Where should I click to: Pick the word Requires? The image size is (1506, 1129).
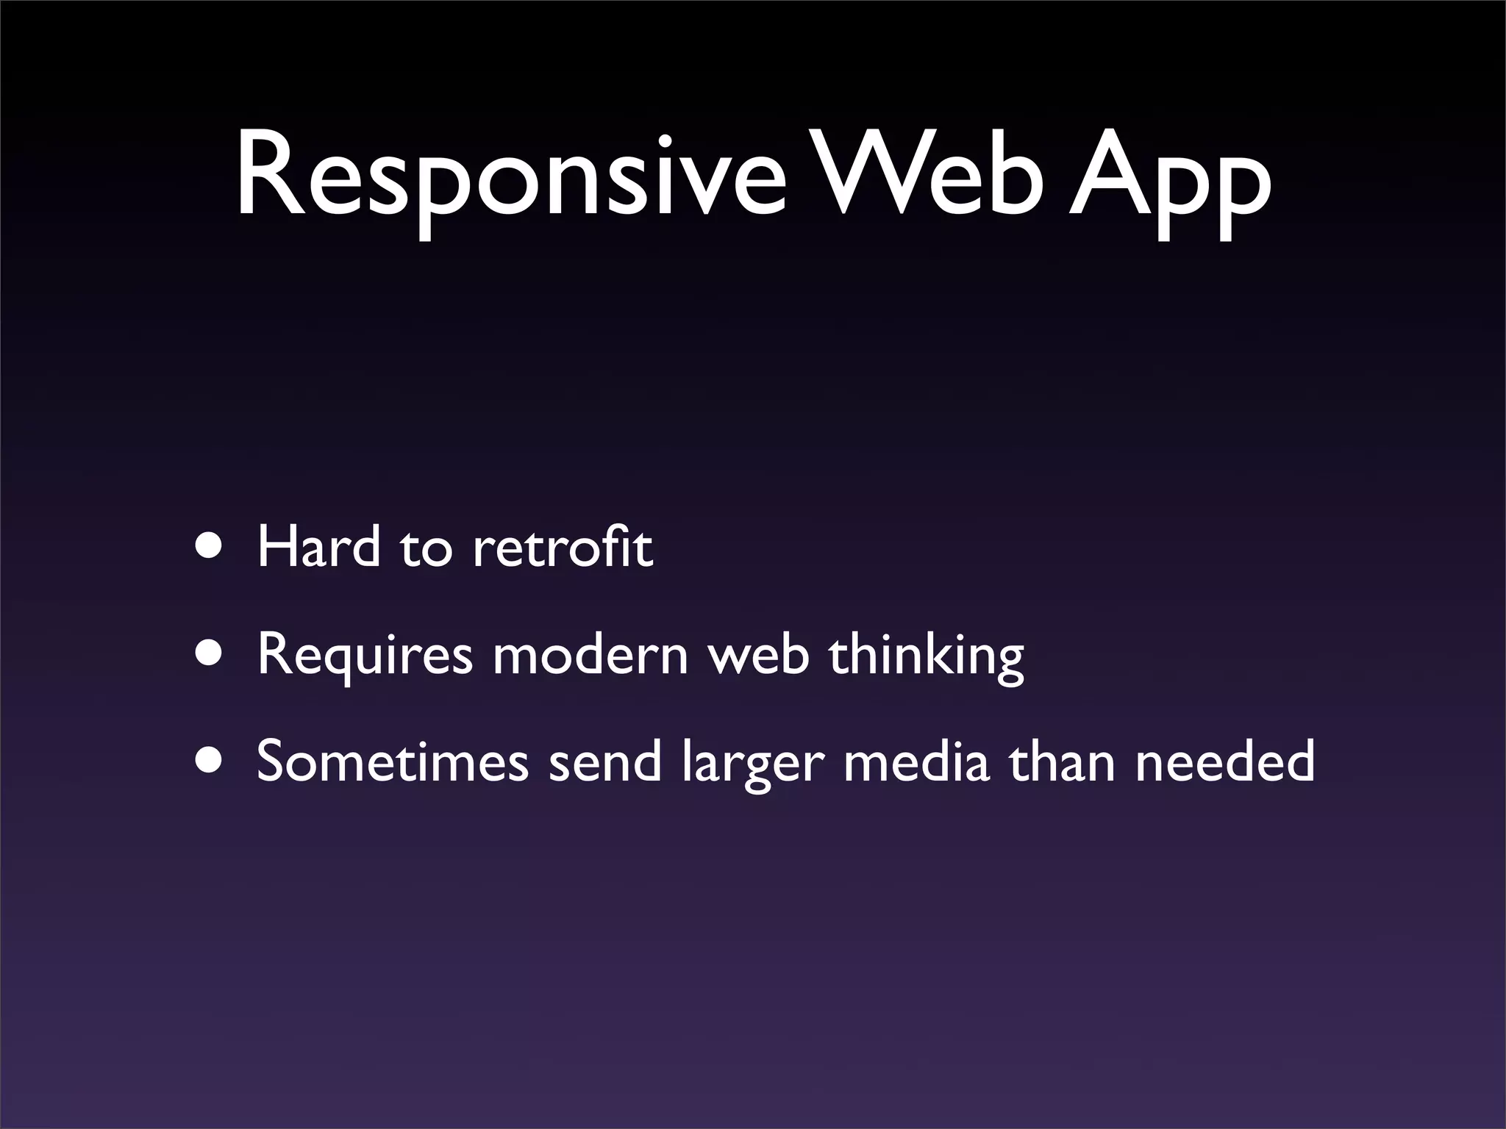[x=364, y=656]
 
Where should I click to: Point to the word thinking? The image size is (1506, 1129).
[x=927, y=656]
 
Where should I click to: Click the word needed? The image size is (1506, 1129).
[x=1224, y=761]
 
